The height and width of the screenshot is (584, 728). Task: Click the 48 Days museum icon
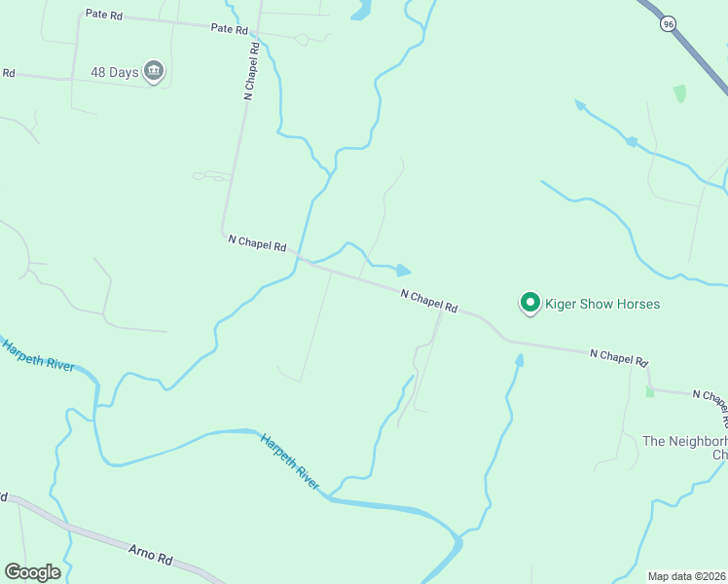pyautogui.click(x=154, y=71)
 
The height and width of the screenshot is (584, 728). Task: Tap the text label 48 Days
pyautogui.click(x=115, y=71)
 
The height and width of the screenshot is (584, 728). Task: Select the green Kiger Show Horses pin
pyautogui.click(x=530, y=304)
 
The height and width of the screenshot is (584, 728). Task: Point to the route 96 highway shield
pyautogui.click(x=668, y=23)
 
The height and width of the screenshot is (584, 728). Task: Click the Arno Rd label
pyautogui.click(x=151, y=556)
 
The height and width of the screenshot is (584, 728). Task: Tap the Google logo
pyautogui.click(x=32, y=572)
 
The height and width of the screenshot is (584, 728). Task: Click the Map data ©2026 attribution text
pyautogui.click(x=686, y=576)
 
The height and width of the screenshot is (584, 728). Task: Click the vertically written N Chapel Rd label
pyautogui.click(x=252, y=70)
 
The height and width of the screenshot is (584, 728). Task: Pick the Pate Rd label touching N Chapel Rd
pyautogui.click(x=230, y=29)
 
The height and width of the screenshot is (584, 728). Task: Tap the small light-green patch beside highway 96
pyautogui.click(x=679, y=93)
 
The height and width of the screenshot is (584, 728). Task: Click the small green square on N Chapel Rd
pyautogui.click(x=649, y=391)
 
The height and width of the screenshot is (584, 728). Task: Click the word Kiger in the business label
pyautogui.click(x=562, y=305)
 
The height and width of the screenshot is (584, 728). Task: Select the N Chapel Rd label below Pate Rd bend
pyautogui.click(x=257, y=243)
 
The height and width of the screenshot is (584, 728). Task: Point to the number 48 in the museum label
pyautogui.click(x=99, y=71)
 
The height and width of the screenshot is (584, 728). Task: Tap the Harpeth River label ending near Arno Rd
pyautogui.click(x=289, y=461)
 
